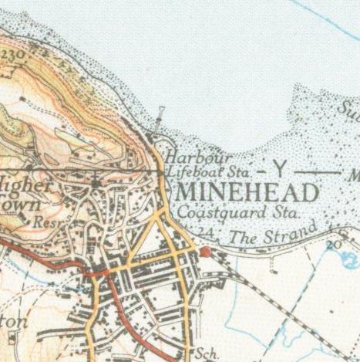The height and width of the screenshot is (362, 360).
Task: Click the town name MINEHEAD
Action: (247, 192)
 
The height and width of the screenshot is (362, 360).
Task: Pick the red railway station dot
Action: (205, 252)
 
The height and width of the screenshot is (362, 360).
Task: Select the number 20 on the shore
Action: (333, 244)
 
